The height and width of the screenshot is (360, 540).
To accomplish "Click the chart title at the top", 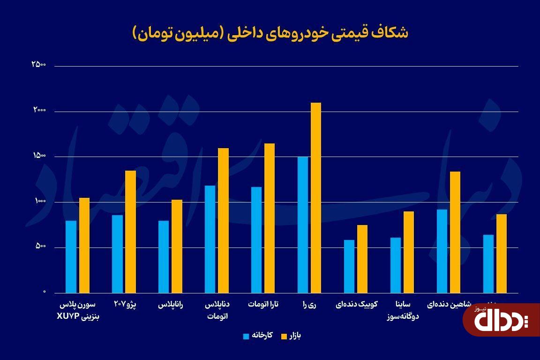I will (x=270, y=33).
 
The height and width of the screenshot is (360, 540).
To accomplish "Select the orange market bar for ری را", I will (x=316, y=197).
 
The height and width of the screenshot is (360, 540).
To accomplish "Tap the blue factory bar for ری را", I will (x=303, y=224).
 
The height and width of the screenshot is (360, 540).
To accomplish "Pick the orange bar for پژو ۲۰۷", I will (x=130, y=231).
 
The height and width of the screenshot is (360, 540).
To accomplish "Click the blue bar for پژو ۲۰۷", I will (x=117, y=254).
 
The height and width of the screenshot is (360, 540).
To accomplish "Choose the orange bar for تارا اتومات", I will (x=270, y=217).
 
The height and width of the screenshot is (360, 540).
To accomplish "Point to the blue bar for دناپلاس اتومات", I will (x=210, y=239).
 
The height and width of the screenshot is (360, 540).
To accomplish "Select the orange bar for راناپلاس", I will (x=177, y=246).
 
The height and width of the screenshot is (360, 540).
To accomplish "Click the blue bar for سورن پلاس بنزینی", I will (x=71, y=256).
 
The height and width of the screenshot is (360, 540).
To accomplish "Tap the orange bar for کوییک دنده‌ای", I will (x=362, y=258).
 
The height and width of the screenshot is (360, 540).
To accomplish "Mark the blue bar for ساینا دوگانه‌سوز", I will (x=396, y=265).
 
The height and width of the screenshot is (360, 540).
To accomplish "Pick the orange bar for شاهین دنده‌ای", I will (x=455, y=232).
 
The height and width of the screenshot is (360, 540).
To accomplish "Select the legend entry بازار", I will (x=291, y=336).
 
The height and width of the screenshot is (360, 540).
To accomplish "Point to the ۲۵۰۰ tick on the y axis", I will (x=38, y=65).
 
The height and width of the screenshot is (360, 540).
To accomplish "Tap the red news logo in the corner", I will (x=501, y=319).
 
